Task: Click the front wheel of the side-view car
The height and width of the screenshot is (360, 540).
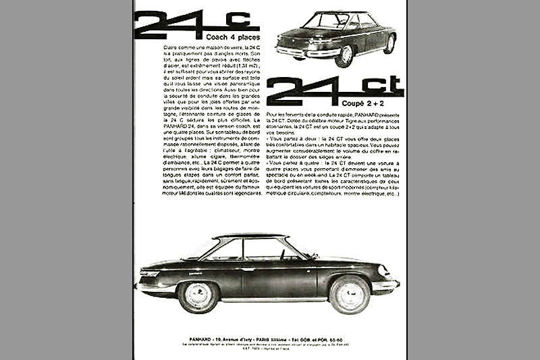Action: click(349, 293)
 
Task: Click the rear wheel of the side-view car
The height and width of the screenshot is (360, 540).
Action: click(198, 295)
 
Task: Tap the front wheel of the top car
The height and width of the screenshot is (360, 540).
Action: click(345, 54)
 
